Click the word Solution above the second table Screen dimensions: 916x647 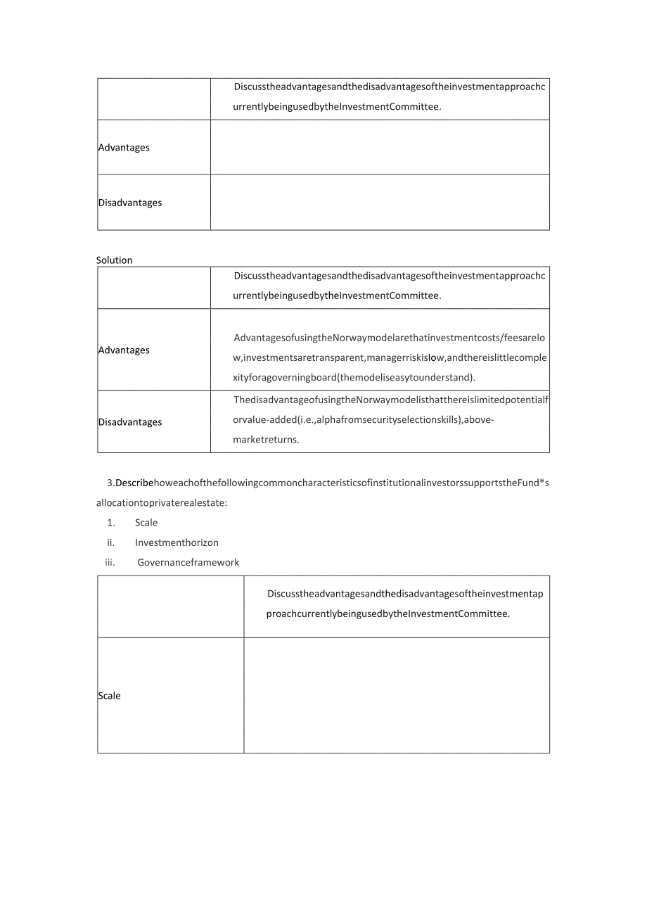tap(114, 260)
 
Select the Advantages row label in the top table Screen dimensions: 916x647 tap(124, 148)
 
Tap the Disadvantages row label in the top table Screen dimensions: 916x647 tap(130, 203)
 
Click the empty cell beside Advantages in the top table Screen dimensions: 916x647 tap(380, 147)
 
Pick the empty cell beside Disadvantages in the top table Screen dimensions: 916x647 tap(380, 202)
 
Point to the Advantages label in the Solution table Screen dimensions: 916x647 tap(124, 350)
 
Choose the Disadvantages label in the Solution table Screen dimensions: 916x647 tap(130, 422)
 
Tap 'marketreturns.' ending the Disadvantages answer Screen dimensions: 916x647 tap(267, 440)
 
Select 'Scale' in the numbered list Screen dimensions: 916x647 tap(146, 523)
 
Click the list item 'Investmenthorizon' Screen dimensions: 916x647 tap(177, 542)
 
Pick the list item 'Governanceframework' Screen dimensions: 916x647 tap(188, 562)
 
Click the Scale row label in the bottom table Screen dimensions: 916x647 tap(110, 696)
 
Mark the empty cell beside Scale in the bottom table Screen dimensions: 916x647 tap(397, 695)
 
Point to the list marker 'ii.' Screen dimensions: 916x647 tap(110, 542)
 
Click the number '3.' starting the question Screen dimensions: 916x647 tap(110, 483)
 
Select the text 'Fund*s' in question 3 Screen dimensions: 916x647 tap(534, 483)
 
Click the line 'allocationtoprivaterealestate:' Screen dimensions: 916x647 tap(162, 503)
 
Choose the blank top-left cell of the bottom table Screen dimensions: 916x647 tap(171, 606)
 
